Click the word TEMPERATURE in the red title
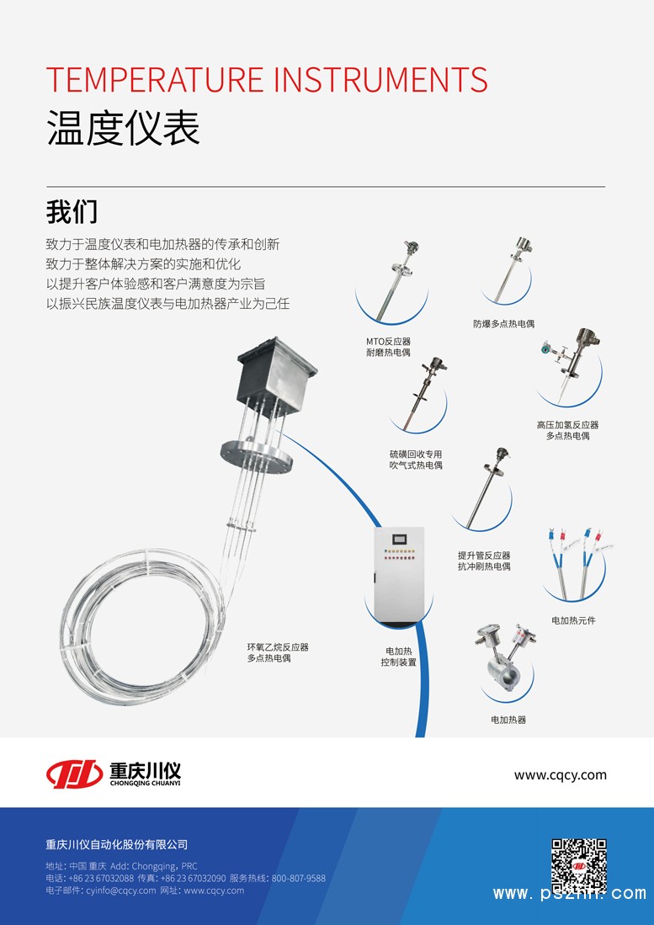(155, 80)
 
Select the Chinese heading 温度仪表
(123, 128)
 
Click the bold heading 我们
(72, 212)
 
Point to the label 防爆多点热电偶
(503, 323)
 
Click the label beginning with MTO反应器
(388, 347)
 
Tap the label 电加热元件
(574, 620)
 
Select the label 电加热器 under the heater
(508, 720)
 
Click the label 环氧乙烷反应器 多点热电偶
(278, 652)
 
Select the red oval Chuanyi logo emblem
(74, 774)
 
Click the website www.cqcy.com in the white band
(561, 775)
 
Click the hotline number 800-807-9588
(299, 878)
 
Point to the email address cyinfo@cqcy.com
(121, 890)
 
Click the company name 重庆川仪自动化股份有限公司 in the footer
(117, 844)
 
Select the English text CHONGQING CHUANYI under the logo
(145, 784)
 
